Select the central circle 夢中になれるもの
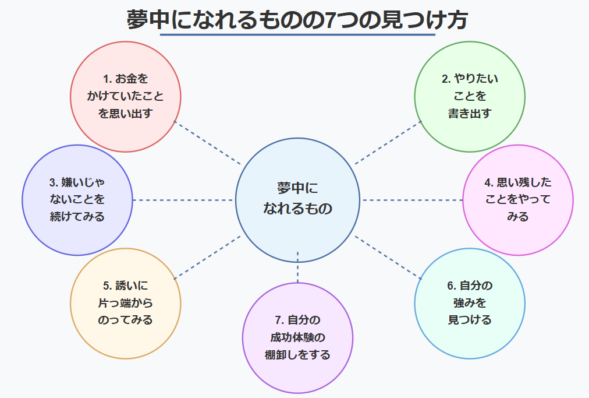click(x=297, y=200)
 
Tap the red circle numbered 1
click(x=125, y=96)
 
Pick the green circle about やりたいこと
click(x=469, y=96)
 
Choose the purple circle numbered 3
click(x=77, y=200)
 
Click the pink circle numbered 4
click(x=517, y=200)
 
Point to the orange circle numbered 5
click(x=125, y=303)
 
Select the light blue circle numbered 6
click(x=469, y=303)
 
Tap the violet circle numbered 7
click(x=297, y=338)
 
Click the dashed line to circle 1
click(x=207, y=143)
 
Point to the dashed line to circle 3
click(x=183, y=200)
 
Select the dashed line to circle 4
click(x=412, y=200)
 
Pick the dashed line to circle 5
click(x=207, y=256)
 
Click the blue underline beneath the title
click(x=297, y=35)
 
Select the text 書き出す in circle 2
click(x=469, y=113)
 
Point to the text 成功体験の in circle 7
click(x=297, y=337)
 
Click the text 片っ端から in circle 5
click(x=125, y=303)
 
